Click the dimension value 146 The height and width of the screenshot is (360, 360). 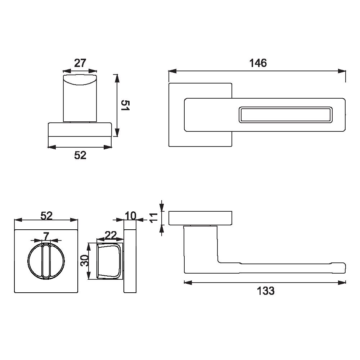tap(258, 63)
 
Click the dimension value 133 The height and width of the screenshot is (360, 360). tap(266, 291)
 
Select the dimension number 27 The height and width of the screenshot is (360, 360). tap(80, 63)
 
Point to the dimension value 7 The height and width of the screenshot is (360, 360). tap(46, 236)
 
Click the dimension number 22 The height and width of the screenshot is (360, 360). tap(111, 235)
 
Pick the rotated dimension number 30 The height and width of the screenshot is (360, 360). tap(85, 261)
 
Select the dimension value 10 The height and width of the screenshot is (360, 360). tap(130, 216)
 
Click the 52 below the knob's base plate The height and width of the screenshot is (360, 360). tap(80, 155)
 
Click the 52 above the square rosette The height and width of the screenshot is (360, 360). tap(46, 215)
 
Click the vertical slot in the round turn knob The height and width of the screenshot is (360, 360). tap(46, 261)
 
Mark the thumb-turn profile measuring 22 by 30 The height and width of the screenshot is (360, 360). tap(109, 261)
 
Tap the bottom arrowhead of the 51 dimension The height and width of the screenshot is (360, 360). tap(116, 134)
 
